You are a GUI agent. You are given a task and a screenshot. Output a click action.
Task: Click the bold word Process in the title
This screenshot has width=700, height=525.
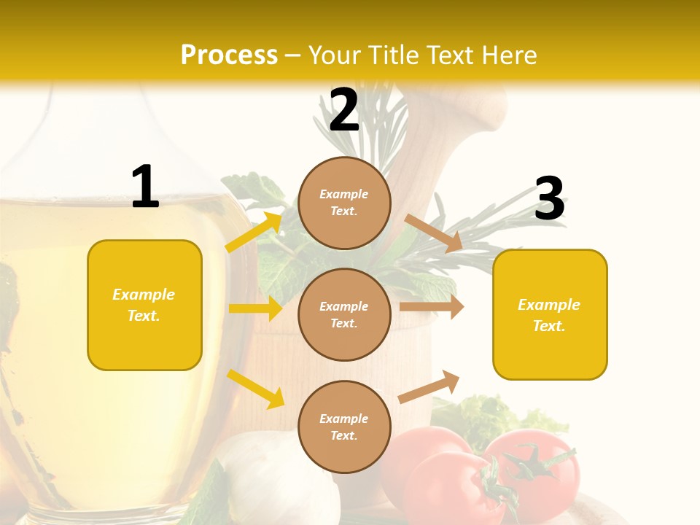[x=229, y=55]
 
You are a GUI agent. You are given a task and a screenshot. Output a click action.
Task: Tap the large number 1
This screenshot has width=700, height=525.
[x=145, y=187]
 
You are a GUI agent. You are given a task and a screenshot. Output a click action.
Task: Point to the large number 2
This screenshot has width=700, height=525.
[x=344, y=110]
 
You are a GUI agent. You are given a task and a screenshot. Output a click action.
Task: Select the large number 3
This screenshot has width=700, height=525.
[x=549, y=199]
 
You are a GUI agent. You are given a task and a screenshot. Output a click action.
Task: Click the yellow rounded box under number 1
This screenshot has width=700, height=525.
[x=144, y=305]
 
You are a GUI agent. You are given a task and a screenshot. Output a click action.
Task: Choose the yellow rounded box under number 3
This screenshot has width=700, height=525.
[x=550, y=314]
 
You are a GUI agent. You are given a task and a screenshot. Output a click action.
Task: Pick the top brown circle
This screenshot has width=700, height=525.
[x=344, y=203]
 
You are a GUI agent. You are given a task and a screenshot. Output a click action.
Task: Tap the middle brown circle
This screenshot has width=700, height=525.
[x=344, y=314]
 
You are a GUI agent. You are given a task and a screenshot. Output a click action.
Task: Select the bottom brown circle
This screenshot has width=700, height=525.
[x=344, y=427]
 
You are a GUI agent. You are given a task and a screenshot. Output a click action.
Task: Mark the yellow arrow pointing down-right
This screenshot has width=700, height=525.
[x=255, y=389]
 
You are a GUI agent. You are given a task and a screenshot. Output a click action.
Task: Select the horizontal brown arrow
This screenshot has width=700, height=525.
[x=431, y=307]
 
